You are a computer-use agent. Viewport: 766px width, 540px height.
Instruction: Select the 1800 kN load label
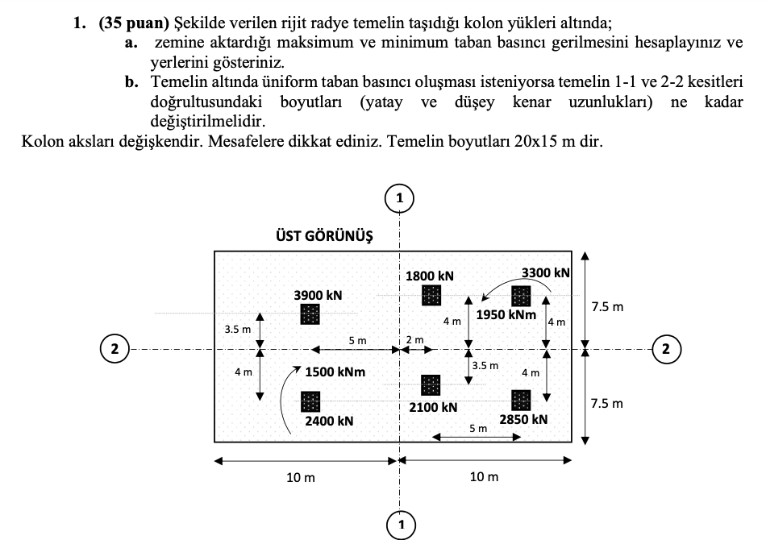click(x=429, y=276)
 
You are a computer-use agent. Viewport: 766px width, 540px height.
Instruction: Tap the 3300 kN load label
click(x=545, y=273)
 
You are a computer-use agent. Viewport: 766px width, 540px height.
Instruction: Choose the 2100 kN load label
click(x=433, y=408)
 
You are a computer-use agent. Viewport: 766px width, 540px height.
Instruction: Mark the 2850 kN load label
click(x=523, y=419)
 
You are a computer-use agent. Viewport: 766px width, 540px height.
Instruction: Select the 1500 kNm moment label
click(x=335, y=372)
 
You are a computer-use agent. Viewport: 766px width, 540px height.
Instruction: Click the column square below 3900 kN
click(x=310, y=314)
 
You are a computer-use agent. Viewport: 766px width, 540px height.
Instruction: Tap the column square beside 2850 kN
click(x=522, y=399)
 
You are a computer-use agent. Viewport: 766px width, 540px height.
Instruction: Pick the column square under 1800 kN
click(x=431, y=295)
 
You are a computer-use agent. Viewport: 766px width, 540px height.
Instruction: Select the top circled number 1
click(x=400, y=197)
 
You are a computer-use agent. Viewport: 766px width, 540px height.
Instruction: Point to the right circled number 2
click(x=665, y=349)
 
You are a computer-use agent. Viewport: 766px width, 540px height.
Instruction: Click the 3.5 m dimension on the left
click(x=238, y=330)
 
